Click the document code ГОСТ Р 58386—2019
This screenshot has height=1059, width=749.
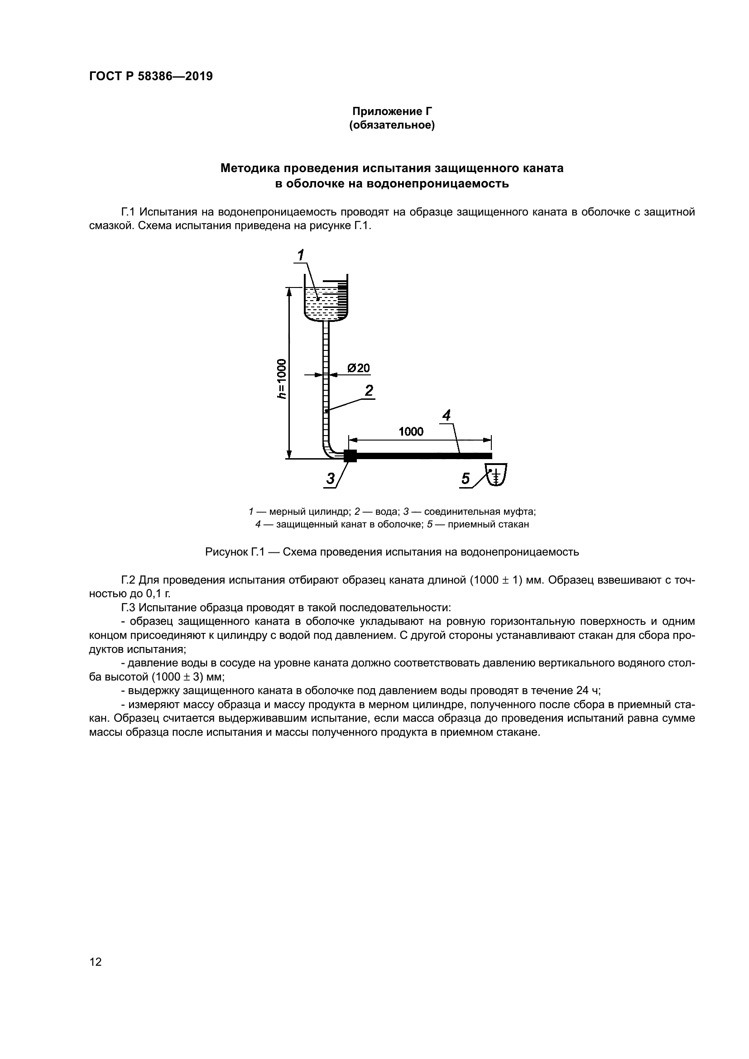point(151,77)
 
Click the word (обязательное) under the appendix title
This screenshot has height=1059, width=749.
point(392,125)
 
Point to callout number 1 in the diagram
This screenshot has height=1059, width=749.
point(301,254)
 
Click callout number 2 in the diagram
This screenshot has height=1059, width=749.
point(369,391)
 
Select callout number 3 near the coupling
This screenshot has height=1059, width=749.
point(330,479)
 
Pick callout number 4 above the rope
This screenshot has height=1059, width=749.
point(446,416)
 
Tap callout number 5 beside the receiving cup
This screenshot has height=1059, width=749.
point(466,479)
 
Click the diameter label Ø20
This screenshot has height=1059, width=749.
point(358,368)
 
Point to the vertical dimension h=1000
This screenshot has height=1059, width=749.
point(281,378)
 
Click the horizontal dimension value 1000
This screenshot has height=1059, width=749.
point(411,431)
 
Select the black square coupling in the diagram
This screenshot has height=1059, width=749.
point(350,456)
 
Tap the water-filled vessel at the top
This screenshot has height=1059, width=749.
point(326,302)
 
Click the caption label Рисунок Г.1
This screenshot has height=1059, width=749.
point(234,552)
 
